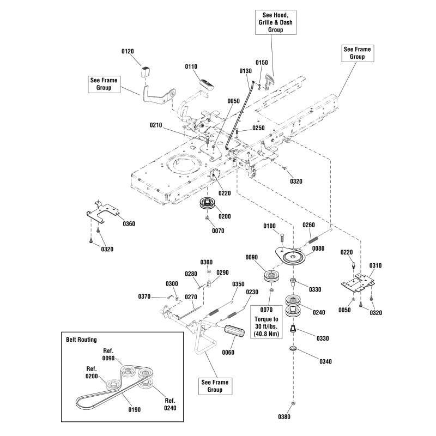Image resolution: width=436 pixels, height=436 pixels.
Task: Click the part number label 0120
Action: pos(126,51)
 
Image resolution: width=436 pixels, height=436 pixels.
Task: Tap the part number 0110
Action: pos(191,66)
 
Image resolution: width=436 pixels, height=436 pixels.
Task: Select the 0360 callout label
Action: pos(129,223)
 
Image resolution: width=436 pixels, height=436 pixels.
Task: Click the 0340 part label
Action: pos(325,361)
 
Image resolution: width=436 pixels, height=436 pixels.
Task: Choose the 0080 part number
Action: pos(319,249)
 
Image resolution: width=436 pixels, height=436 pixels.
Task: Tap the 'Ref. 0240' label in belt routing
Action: pos(169,404)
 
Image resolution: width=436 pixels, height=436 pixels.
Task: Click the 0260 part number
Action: pos(308,225)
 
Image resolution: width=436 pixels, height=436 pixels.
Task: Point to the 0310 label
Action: pos(376,266)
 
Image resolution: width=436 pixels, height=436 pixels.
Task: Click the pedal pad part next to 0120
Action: pos(146,72)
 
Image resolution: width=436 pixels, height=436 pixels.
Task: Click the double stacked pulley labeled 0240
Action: pos(294,307)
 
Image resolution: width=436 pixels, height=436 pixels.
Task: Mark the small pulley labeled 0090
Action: pos(271,275)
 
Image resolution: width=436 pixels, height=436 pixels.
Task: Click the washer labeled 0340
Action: pos(293,348)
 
